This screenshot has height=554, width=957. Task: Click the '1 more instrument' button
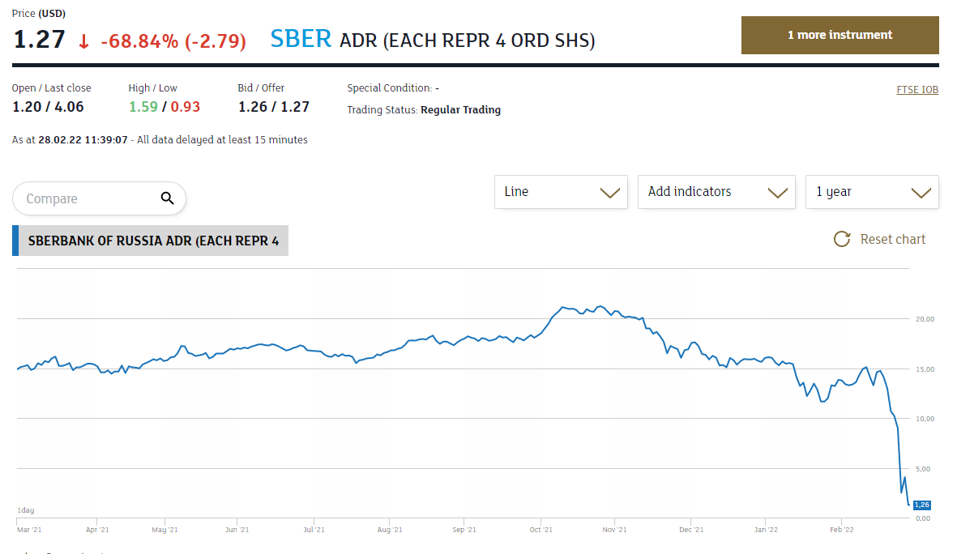[x=840, y=36]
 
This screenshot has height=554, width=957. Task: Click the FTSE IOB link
[x=917, y=90]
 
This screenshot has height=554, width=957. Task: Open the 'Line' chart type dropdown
[x=561, y=192]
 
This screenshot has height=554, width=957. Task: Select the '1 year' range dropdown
[x=872, y=192]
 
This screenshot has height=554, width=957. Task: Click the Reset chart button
[x=880, y=239]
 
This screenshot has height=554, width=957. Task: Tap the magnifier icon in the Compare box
[x=168, y=198]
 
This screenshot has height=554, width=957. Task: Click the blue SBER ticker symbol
[x=301, y=39]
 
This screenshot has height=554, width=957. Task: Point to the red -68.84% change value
[x=139, y=40]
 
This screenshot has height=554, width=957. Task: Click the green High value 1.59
[x=142, y=107]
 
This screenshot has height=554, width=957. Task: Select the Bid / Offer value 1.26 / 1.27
[x=274, y=107]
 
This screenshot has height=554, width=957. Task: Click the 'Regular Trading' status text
[x=460, y=110]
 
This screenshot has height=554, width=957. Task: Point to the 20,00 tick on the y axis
[x=925, y=319]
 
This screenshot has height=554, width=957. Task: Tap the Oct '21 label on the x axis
[x=540, y=530]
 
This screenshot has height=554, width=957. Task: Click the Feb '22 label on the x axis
[x=842, y=530]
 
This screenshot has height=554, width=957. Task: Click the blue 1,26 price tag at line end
[x=921, y=505]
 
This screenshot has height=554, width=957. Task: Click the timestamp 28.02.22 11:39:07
[x=83, y=140]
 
